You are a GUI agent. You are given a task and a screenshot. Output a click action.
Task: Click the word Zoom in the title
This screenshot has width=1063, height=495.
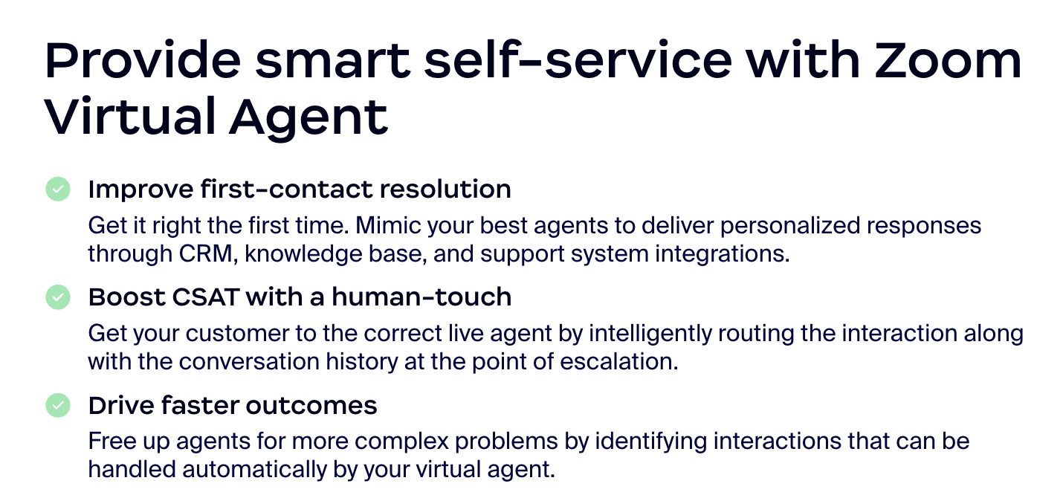point(948,61)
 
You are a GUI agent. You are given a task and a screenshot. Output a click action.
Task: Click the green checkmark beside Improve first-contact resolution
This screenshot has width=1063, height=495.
point(58,189)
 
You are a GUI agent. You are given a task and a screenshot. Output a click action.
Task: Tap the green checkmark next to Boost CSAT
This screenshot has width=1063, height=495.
point(58,297)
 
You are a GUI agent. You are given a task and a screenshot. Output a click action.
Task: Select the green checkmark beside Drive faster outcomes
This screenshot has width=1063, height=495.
point(58,405)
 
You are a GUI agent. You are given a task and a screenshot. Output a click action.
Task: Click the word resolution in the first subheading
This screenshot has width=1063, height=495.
point(445,189)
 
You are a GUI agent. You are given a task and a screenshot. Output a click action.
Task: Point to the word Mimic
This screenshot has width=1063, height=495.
point(388,225)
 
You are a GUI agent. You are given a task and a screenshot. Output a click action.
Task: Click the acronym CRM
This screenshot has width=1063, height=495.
point(205,253)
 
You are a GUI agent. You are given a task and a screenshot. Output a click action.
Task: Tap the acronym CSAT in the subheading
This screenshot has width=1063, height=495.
point(206,297)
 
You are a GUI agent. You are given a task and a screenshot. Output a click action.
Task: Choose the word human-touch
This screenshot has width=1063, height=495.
point(421,297)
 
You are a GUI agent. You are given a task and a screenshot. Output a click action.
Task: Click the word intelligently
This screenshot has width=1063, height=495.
point(650,334)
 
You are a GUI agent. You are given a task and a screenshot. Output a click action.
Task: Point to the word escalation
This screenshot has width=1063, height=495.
point(618,362)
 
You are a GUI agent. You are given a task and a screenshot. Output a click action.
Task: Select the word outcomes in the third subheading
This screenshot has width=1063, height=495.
point(311,406)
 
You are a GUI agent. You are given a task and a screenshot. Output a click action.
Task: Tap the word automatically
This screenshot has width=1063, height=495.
point(255,470)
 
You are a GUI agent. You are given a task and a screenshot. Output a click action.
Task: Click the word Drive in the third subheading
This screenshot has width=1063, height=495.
point(121,406)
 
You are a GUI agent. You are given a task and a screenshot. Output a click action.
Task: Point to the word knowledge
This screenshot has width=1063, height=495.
point(303,254)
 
